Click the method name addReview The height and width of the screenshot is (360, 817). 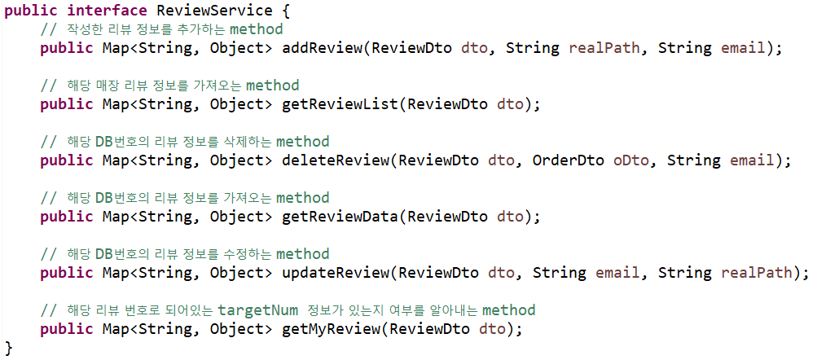[322, 48]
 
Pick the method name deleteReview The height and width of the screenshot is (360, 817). [335, 160]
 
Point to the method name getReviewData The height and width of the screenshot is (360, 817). [340, 217]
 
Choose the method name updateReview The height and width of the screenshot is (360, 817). [335, 273]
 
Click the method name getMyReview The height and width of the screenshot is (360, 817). [331, 329]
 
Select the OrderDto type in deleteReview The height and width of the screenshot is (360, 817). [568, 160]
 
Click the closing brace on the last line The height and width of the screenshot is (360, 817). [8, 348]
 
